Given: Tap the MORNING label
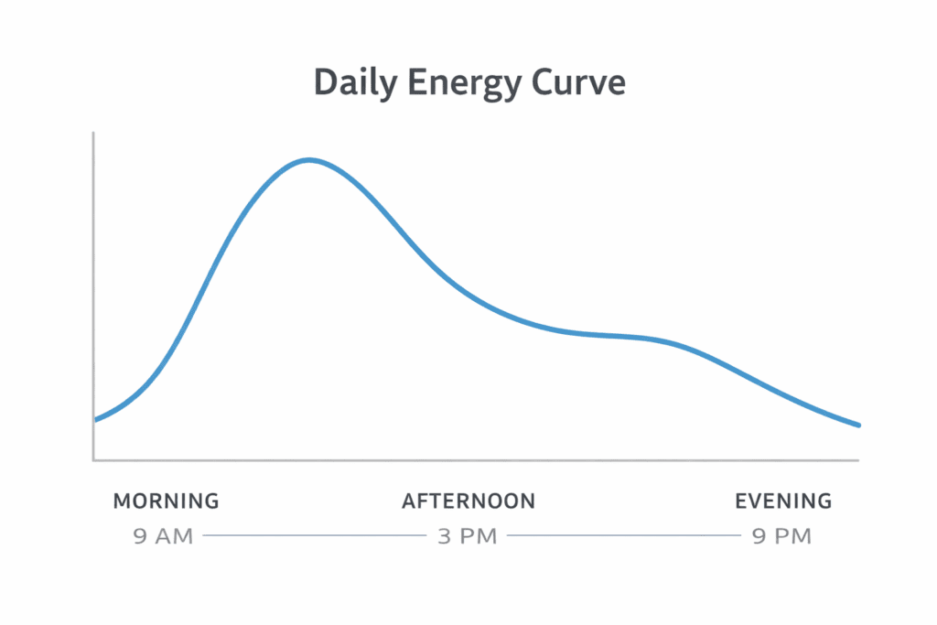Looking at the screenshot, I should (x=166, y=501).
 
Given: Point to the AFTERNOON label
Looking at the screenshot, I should (x=468, y=501).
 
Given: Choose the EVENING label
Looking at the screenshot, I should (x=783, y=501).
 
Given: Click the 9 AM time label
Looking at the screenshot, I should (x=163, y=536).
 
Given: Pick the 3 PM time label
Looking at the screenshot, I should (x=467, y=536).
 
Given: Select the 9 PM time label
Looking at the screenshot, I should (x=781, y=536).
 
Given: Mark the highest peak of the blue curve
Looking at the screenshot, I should (x=309, y=160).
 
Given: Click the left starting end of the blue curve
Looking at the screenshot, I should (x=95, y=419).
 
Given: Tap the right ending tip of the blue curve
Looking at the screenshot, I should (x=858, y=425).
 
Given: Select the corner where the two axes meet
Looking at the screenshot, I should (x=94, y=459).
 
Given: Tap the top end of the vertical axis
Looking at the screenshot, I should (x=93, y=134).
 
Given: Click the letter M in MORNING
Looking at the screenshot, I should (x=122, y=501).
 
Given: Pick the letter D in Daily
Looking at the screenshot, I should (x=324, y=82).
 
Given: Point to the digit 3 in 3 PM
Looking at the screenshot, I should (x=444, y=536).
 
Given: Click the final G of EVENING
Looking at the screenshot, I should (x=824, y=501).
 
